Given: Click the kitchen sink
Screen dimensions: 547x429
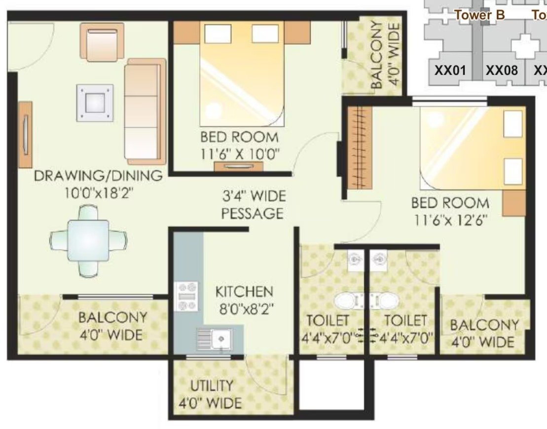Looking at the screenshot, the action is tap(214, 338).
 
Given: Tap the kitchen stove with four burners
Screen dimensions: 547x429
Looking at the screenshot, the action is tap(186, 296).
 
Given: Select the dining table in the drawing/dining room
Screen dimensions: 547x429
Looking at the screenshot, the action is tap(88, 241).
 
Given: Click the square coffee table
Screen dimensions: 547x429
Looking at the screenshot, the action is tap(95, 103).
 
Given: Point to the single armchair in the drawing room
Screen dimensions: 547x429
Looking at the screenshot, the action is tap(102, 41).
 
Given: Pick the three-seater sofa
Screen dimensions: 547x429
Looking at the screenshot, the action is tap(145, 111).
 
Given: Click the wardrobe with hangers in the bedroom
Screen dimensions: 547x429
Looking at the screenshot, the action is tap(360, 148).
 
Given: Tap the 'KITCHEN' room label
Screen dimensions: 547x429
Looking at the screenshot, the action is tap(244, 292).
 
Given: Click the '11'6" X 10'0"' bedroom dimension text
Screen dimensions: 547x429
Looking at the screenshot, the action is tap(240, 154).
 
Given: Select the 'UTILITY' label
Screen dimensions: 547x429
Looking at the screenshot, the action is tap(212, 386).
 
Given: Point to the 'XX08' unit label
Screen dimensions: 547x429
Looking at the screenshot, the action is tap(502, 71).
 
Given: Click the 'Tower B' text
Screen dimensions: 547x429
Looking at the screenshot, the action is tap(479, 15).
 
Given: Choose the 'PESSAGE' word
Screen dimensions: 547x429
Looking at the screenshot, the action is tap(252, 213).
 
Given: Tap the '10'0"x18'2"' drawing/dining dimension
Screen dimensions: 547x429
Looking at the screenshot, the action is tap(99, 192).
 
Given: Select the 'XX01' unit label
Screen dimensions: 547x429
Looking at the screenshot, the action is tap(450, 71).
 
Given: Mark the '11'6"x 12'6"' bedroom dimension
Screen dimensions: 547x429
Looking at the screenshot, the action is tap(451, 220).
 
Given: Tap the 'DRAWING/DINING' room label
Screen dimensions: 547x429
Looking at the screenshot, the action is tap(98, 176).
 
